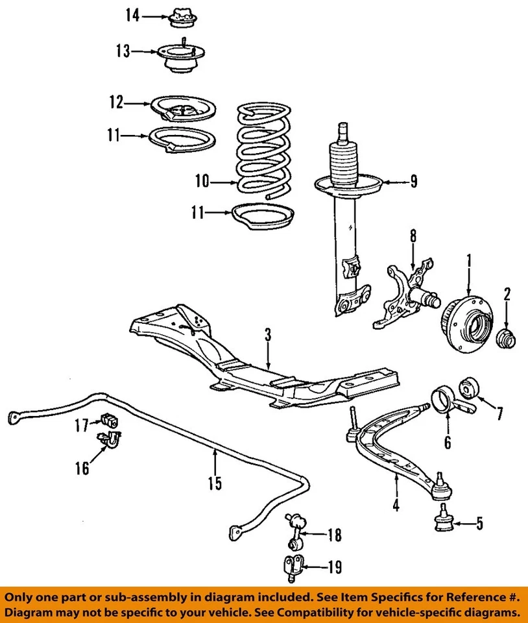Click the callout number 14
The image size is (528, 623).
click(x=132, y=15)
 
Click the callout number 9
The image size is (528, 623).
click(x=413, y=182)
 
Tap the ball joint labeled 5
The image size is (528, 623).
click(x=443, y=519)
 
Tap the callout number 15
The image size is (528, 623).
click(x=214, y=483)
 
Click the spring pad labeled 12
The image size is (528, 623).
click(x=183, y=108)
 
